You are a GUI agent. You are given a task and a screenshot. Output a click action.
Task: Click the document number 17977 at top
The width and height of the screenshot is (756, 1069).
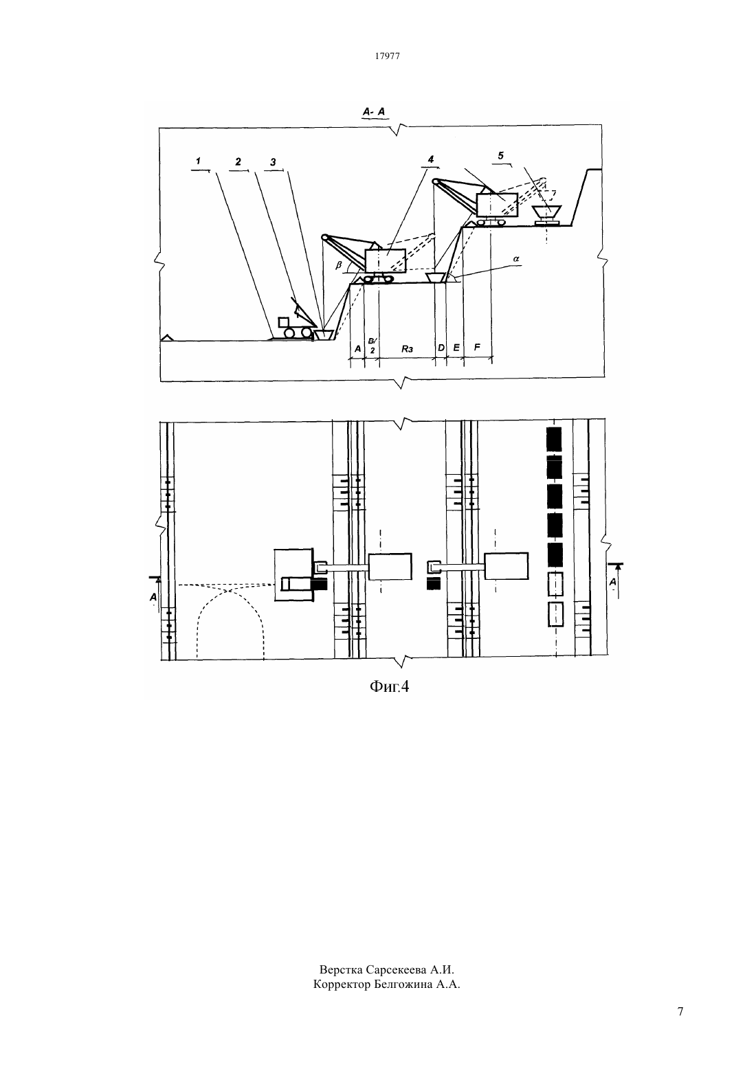pyautogui.click(x=387, y=56)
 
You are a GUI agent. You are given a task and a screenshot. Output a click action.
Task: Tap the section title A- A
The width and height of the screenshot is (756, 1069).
pyautogui.click(x=374, y=112)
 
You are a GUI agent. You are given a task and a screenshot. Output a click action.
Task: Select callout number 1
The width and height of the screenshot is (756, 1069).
pyautogui.click(x=198, y=161)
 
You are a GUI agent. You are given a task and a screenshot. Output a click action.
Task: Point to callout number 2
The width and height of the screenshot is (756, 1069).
pyautogui.click(x=238, y=161)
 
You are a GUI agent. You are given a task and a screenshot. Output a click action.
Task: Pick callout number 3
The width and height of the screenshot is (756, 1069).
pyautogui.click(x=273, y=162)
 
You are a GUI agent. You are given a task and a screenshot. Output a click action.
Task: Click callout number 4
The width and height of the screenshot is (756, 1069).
pyautogui.click(x=430, y=159)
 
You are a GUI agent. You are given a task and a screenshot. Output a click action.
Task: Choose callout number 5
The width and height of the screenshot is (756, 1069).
pyautogui.click(x=500, y=155)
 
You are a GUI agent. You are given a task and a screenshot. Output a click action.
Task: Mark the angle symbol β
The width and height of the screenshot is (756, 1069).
pyautogui.click(x=338, y=265)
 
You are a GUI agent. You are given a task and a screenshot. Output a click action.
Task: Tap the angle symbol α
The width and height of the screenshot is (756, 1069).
pyautogui.click(x=516, y=258)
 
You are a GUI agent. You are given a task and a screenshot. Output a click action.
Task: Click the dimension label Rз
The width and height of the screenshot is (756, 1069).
pyautogui.click(x=407, y=349)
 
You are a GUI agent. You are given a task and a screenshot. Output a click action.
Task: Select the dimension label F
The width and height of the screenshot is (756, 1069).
pyautogui.click(x=477, y=348)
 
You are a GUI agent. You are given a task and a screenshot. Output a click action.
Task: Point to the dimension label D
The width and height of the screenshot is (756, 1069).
pyautogui.click(x=441, y=348)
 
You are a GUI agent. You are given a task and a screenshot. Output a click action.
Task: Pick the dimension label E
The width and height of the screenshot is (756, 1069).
pyautogui.click(x=456, y=348)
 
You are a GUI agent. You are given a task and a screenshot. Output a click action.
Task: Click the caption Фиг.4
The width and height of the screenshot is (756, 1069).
pyautogui.click(x=390, y=686)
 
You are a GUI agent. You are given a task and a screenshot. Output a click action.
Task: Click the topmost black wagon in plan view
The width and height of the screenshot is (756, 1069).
pyautogui.click(x=554, y=438)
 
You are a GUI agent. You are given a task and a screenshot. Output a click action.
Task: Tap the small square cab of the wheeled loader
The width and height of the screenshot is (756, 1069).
pyautogui.click(x=284, y=322)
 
